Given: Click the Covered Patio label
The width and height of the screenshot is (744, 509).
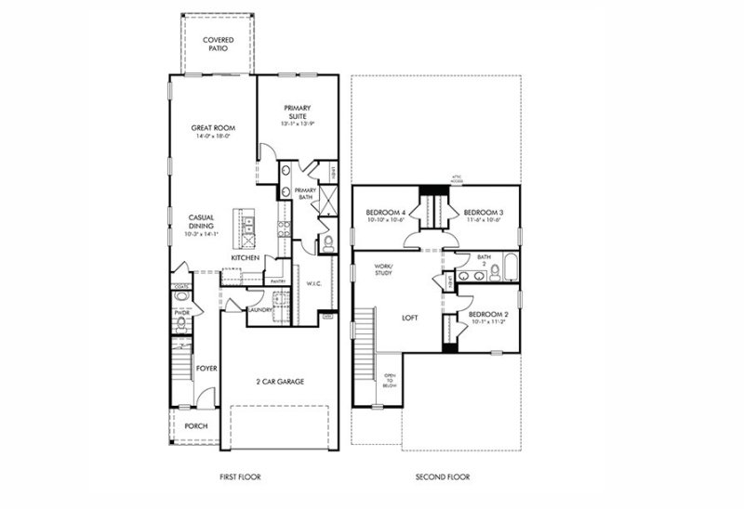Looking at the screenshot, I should [x=219, y=45].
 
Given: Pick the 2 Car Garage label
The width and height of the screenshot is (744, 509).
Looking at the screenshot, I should [x=280, y=381].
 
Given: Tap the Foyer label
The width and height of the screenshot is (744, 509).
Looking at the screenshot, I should [x=206, y=368].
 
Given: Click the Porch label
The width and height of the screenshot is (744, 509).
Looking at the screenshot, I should [x=196, y=426].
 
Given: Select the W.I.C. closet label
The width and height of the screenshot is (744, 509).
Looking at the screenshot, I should [x=312, y=283].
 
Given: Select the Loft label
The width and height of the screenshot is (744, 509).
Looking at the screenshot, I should [x=410, y=317].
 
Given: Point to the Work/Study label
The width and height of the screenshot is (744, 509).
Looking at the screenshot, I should [x=384, y=269].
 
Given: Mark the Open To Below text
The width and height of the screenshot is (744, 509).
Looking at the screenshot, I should [x=391, y=381].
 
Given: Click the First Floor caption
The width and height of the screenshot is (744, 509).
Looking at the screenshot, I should [x=239, y=476].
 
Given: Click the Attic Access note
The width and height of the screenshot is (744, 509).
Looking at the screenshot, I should [x=457, y=177].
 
